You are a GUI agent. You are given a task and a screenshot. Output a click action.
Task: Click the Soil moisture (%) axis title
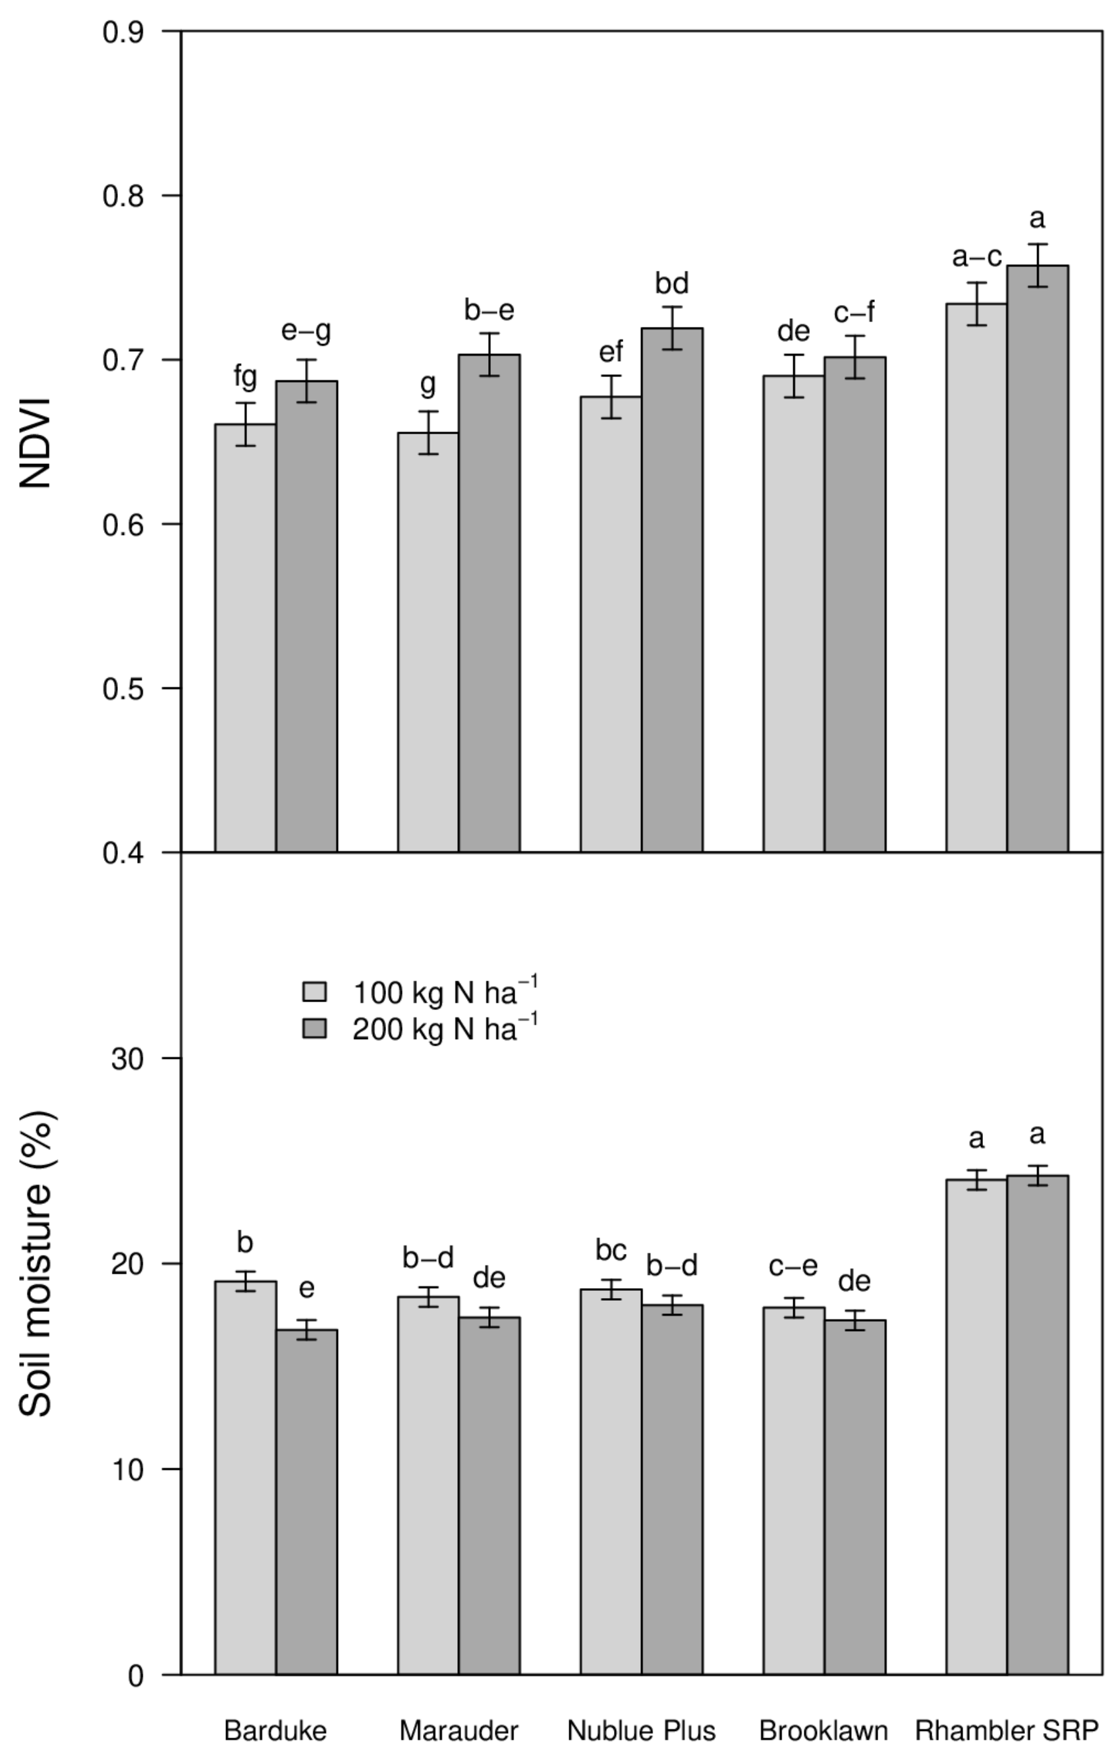(34, 1263)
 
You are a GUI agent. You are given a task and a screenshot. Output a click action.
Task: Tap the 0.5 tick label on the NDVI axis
(121, 689)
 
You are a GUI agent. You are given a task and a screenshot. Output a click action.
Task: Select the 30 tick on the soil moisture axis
(126, 1059)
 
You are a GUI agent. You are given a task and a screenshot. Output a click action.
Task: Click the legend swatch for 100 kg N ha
(315, 992)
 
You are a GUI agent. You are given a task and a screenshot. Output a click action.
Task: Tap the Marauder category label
(459, 1730)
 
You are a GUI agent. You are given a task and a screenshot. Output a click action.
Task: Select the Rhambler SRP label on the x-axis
(1007, 1730)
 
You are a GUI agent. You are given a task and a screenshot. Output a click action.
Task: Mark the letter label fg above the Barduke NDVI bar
(245, 378)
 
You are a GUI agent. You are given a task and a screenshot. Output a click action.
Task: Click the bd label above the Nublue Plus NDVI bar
(672, 283)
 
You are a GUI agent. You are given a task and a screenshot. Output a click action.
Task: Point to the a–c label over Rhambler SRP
(976, 257)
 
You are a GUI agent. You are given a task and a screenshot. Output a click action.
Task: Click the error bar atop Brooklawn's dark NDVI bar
(855, 357)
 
